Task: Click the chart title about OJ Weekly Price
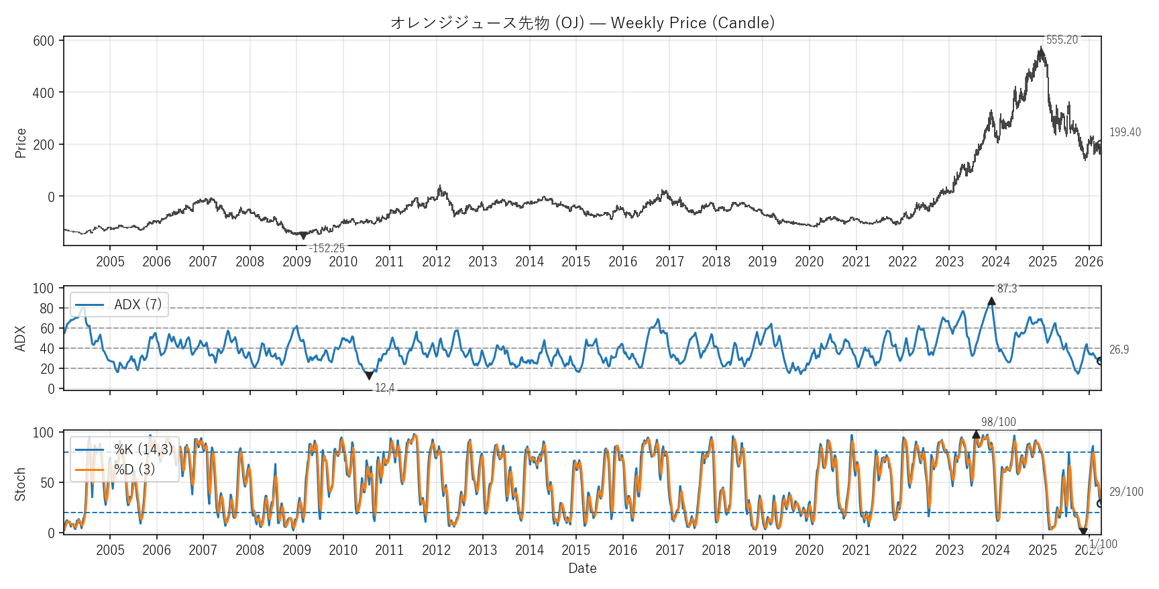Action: (x=582, y=23)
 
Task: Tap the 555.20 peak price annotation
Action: (x=1062, y=40)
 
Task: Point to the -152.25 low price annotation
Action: (x=327, y=248)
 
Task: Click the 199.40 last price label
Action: (x=1125, y=132)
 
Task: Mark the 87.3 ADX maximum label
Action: (x=1007, y=289)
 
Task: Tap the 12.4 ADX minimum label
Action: (x=384, y=388)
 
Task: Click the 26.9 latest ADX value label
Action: (x=1119, y=350)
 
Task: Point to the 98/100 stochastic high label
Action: (x=998, y=422)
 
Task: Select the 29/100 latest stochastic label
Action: (x=1126, y=492)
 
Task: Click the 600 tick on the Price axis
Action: (x=44, y=41)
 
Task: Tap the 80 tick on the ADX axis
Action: (x=47, y=309)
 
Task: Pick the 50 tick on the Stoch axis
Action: (x=47, y=483)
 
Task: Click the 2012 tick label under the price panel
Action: (x=436, y=262)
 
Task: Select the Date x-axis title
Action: (x=582, y=568)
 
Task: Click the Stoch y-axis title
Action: (x=21, y=484)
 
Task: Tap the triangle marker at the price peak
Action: (x=1041, y=50)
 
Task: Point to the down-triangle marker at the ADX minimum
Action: (x=369, y=376)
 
